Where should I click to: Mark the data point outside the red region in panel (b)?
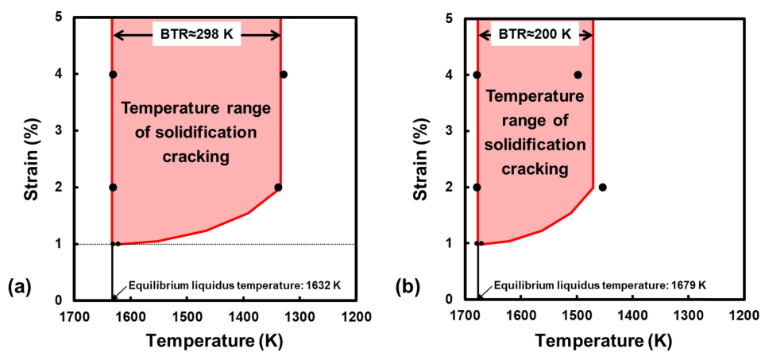pyautogui.click(x=602, y=188)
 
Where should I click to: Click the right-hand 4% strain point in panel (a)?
pyautogui.click(x=284, y=75)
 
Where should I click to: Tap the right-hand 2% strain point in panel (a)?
pyautogui.click(x=278, y=188)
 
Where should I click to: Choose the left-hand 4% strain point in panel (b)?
pyautogui.click(x=477, y=75)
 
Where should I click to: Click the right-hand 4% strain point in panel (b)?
pyautogui.click(x=578, y=75)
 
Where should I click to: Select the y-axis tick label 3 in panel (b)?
pyautogui.click(x=450, y=130)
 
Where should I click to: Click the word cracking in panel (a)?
pyautogui.click(x=196, y=157)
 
